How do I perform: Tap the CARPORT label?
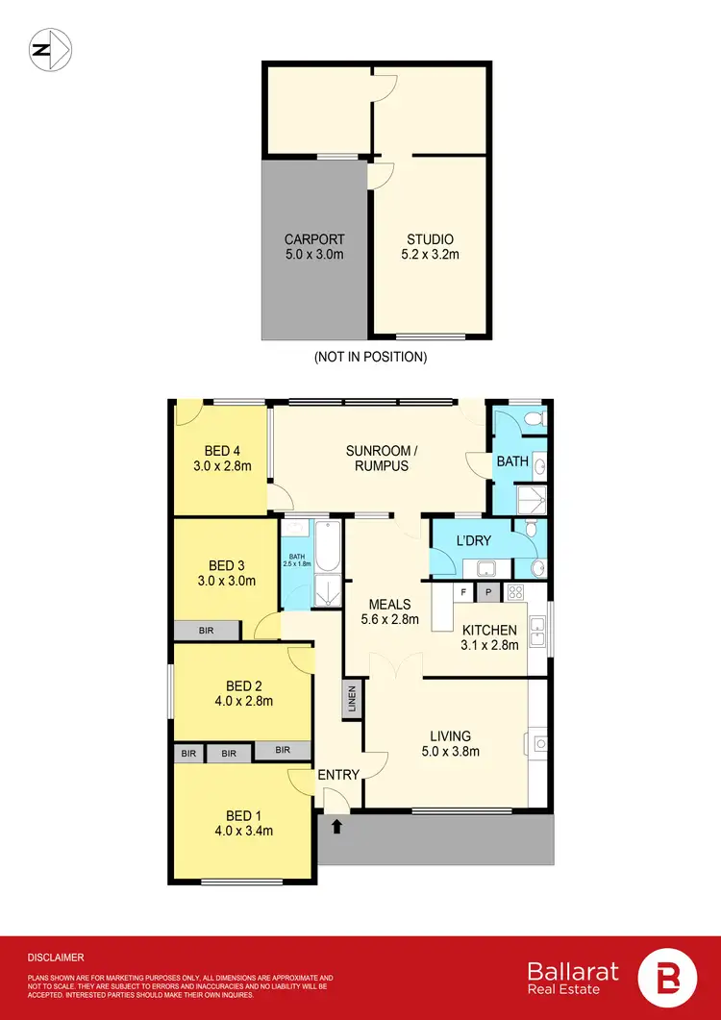tap(314, 247)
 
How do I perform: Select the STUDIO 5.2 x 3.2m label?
tap(430, 247)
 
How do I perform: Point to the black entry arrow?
tap(337, 824)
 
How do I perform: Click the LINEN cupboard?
tap(352, 699)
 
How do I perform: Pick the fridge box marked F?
tap(464, 592)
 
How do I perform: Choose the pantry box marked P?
tap(488, 592)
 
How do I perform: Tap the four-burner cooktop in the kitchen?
tap(514, 592)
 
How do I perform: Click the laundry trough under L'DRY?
tap(478, 567)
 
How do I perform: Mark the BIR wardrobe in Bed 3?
tap(207, 631)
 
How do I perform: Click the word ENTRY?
tap(338, 775)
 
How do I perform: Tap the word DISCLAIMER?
tap(56, 958)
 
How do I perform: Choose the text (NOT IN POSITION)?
tap(370, 357)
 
